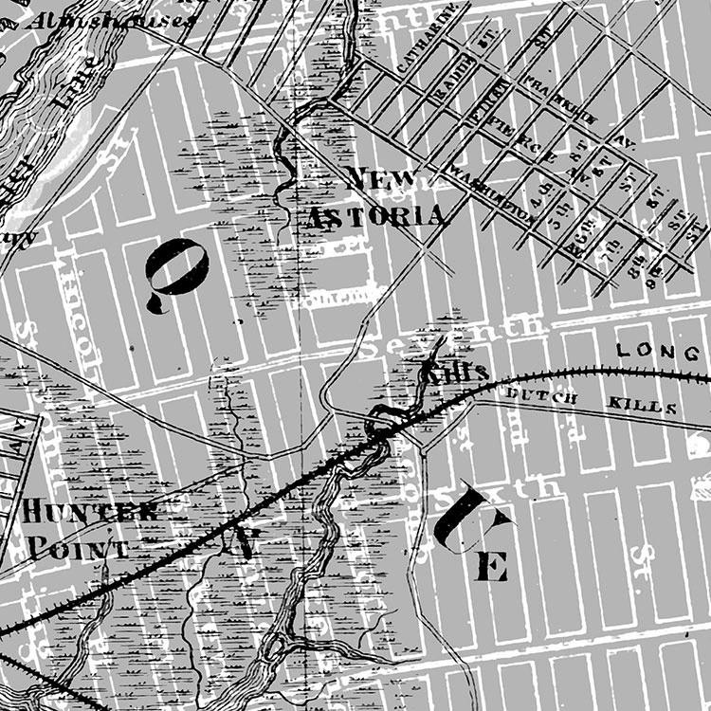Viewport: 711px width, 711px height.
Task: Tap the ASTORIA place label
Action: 376,217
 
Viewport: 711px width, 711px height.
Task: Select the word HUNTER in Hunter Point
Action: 89,513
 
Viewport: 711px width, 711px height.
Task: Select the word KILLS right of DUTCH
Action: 647,408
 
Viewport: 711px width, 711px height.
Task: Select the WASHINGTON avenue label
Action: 492,194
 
